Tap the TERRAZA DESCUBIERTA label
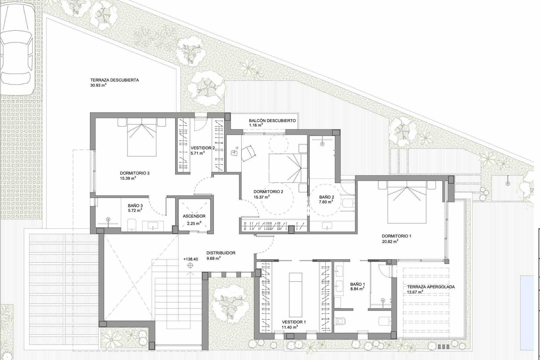tap(114, 80)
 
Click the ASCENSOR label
tap(194, 216)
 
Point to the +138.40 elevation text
tap(190, 259)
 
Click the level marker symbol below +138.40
tap(190, 265)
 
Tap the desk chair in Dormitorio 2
tap(249, 154)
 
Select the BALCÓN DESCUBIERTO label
tap(272, 121)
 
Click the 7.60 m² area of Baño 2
tap(326, 202)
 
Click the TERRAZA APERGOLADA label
tap(431, 287)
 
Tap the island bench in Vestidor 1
tap(295, 287)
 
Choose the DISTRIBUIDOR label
tap(221, 253)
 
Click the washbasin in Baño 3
tap(153, 226)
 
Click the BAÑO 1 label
tap(357, 284)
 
